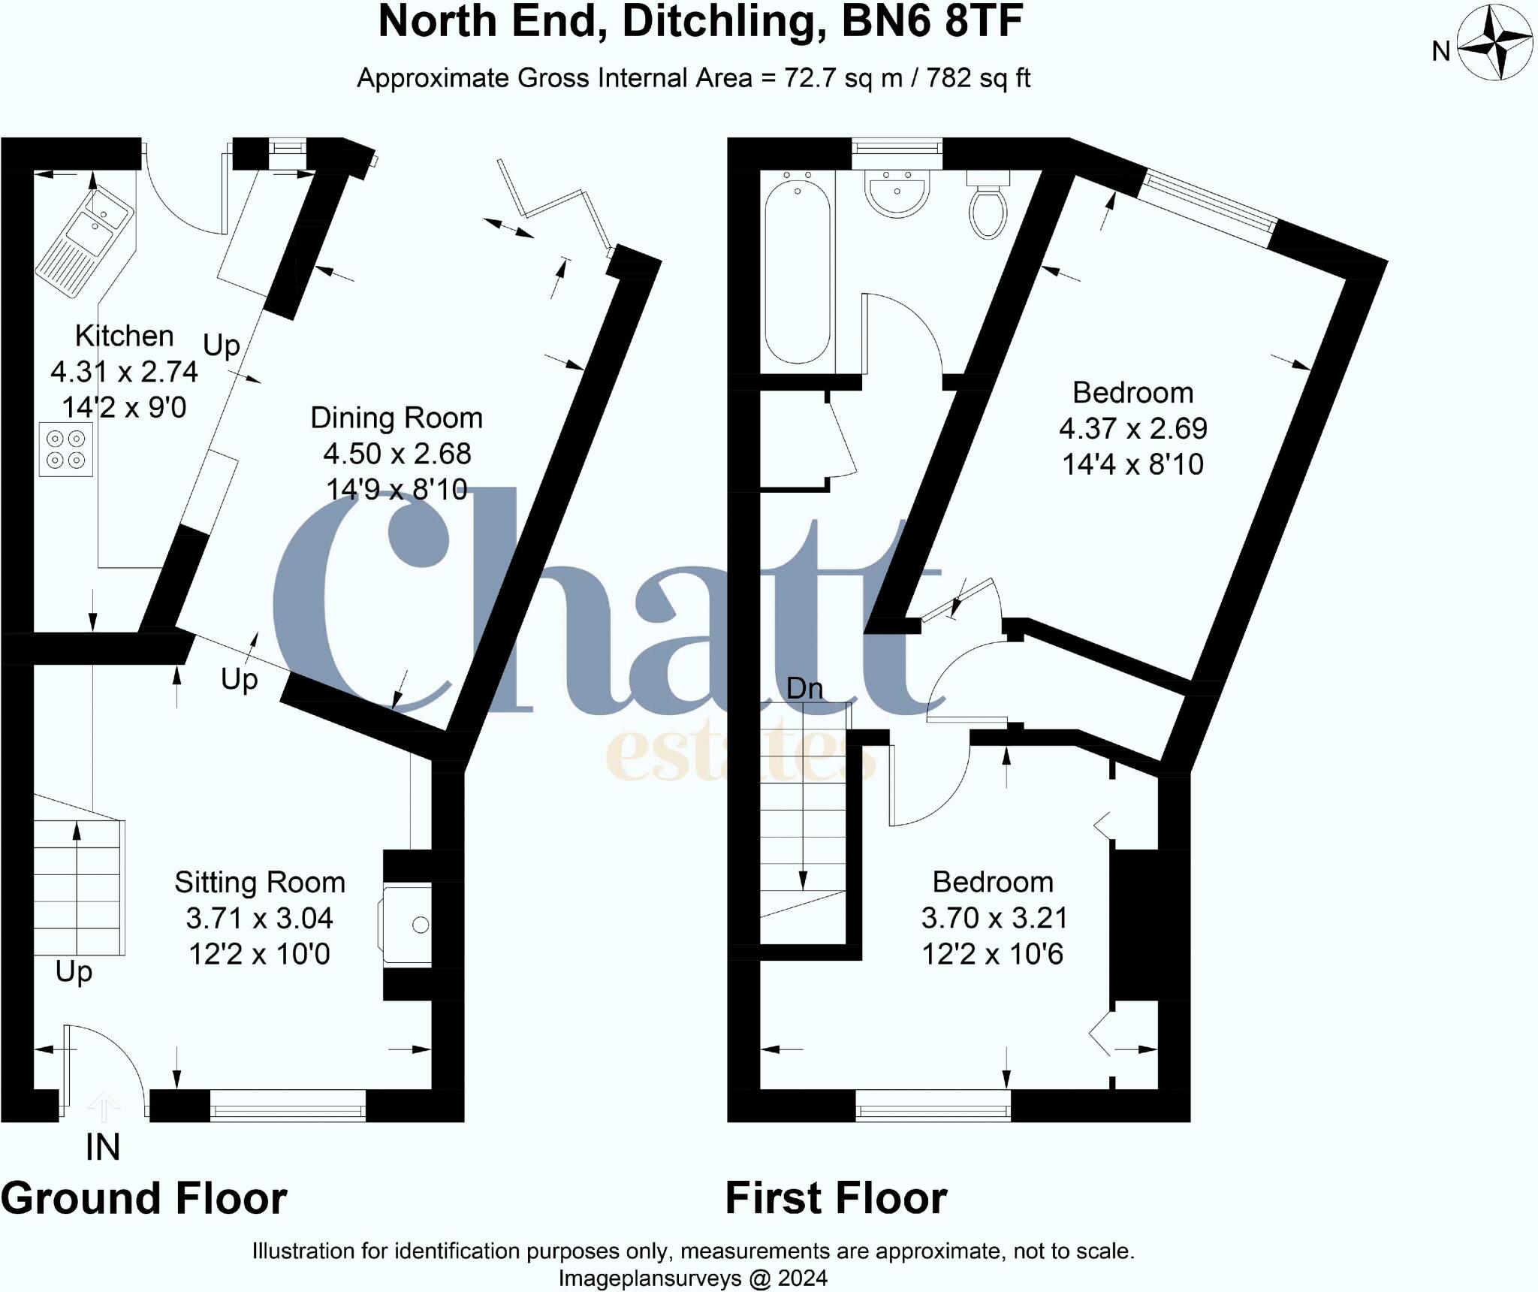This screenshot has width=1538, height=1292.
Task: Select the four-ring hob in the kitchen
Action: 66,449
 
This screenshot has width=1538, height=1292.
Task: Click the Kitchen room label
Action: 124,336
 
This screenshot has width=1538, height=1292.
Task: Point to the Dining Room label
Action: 396,418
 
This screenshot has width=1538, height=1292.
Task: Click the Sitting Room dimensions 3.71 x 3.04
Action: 259,918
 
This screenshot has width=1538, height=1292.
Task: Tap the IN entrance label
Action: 103,1147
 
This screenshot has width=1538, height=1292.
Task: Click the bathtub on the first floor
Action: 798,270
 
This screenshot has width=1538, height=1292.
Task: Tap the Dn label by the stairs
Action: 804,688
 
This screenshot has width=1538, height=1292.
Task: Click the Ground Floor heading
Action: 144,1198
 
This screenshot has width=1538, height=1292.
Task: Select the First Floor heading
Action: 836,1198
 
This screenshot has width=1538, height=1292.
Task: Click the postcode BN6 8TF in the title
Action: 932,21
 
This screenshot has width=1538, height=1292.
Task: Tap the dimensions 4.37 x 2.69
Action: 1132,428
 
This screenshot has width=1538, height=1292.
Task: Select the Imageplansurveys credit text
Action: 692,1278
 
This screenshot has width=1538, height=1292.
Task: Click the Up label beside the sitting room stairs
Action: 74,971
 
